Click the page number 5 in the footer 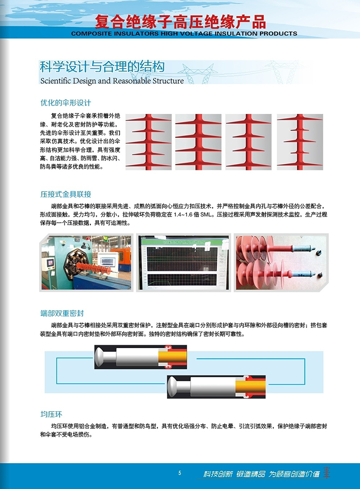(180, 473)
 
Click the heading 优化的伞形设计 (66, 103)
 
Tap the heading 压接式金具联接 (66, 194)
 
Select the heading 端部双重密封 (62, 313)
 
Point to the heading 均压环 (51, 414)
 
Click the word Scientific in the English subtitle (55, 81)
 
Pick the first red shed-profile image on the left (148, 142)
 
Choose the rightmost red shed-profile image (300, 142)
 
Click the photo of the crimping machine (86, 263)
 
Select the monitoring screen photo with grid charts (184, 263)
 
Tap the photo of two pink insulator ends (281, 263)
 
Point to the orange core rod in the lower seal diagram (251, 387)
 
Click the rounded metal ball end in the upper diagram (100, 357)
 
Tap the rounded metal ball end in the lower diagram (173, 387)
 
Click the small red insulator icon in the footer (326, 473)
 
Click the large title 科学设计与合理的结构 (102, 67)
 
